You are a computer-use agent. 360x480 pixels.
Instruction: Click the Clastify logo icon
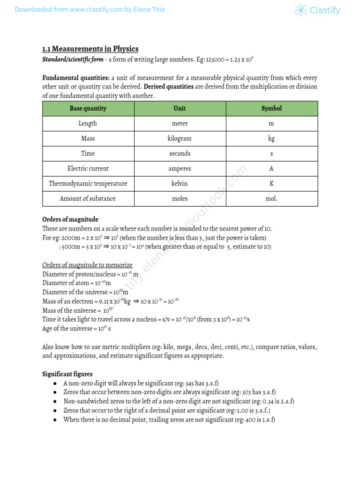click(x=301, y=10)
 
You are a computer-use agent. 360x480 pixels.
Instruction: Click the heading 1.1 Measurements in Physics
click(x=90, y=49)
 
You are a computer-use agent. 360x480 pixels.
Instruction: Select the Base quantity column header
click(x=88, y=108)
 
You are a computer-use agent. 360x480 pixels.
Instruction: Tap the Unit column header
click(x=180, y=108)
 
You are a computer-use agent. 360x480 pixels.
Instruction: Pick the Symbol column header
click(x=271, y=108)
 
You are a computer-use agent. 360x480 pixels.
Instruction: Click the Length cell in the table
click(x=88, y=124)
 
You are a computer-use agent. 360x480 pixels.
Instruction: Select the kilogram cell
click(x=180, y=139)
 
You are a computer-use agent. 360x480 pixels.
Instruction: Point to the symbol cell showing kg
click(x=271, y=139)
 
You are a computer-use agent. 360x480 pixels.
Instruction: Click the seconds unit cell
click(x=180, y=154)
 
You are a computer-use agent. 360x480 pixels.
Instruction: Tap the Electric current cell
click(x=88, y=169)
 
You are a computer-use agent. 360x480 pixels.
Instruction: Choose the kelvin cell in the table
click(x=180, y=184)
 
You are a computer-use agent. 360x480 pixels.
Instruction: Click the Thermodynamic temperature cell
click(x=88, y=184)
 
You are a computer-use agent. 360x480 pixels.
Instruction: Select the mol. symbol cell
click(x=271, y=199)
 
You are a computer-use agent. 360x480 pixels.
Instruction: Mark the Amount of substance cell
click(x=88, y=199)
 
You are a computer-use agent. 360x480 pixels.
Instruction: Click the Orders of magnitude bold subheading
click(x=70, y=219)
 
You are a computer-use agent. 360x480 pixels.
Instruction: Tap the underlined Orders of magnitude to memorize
click(x=87, y=265)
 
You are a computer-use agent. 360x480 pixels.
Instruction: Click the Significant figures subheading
click(x=67, y=374)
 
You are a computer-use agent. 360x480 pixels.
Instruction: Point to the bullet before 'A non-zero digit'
click(x=55, y=383)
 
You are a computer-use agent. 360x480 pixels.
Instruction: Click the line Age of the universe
click(x=77, y=329)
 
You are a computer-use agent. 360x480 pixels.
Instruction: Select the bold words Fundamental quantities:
click(x=76, y=78)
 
